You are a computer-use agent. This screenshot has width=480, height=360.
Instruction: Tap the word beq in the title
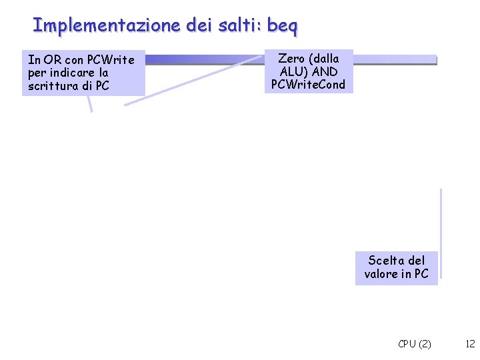(282, 26)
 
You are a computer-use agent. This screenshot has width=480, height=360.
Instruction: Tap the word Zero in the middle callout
(290, 59)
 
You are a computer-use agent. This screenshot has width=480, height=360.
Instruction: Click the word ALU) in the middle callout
(295, 71)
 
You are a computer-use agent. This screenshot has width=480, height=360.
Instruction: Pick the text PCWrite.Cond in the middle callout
(308, 85)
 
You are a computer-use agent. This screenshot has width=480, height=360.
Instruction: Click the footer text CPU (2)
(414, 344)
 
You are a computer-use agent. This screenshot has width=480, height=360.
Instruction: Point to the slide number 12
(470, 344)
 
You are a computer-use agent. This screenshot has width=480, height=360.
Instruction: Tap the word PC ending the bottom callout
(421, 273)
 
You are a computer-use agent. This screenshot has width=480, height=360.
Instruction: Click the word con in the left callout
(75, 60)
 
